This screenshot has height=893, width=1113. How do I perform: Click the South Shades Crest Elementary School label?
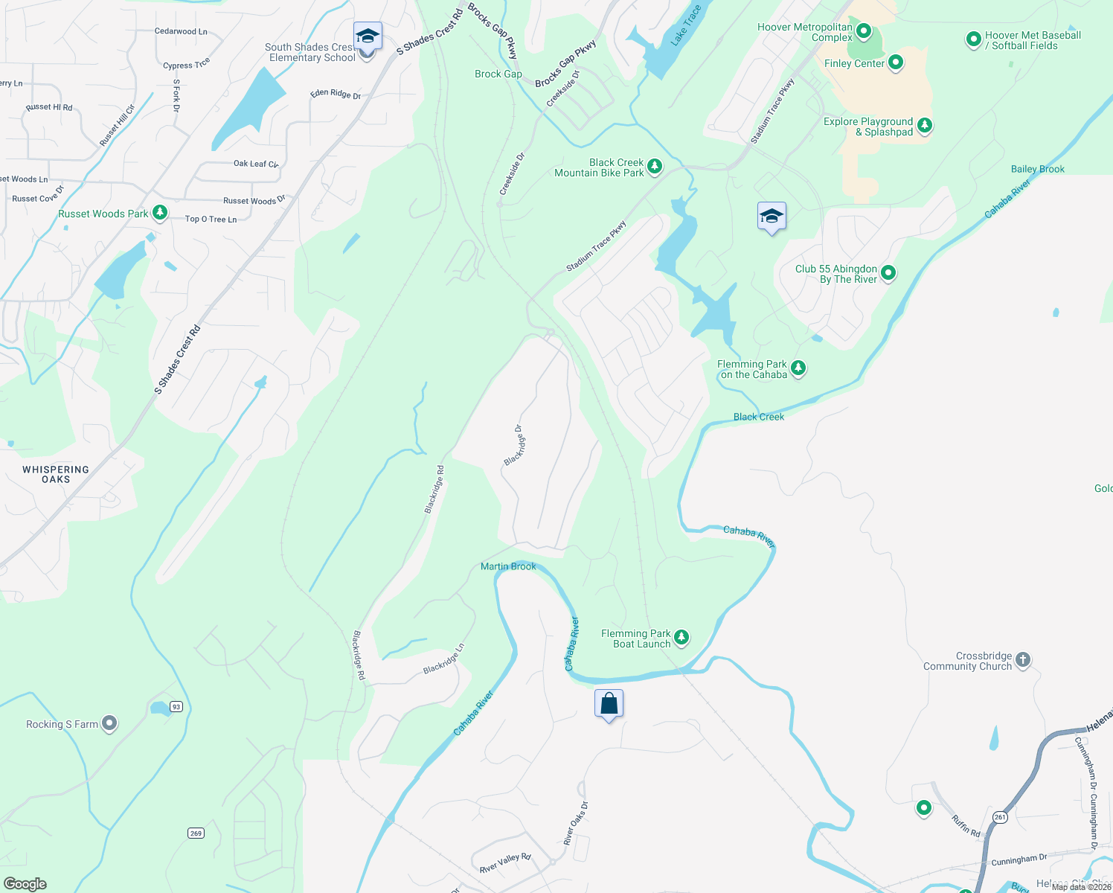(x=311, y=52)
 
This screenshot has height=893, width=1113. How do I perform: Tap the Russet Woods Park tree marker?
(x=160, y=214)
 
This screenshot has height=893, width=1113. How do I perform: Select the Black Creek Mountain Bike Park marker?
(x=655, y=167)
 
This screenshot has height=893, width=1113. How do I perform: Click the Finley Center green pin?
(x=896, y=63)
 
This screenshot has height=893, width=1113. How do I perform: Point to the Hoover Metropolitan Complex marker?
(x=864, y=31)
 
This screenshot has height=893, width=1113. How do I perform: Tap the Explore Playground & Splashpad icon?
(x=925, y=126)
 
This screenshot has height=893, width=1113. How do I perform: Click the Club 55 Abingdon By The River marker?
(x=888, y=274)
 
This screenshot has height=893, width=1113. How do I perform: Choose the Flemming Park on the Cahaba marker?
(x=798, y=368)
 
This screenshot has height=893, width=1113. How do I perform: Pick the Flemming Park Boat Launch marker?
(x=681, y=638)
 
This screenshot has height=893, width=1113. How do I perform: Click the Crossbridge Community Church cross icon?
(x=1023, y=660)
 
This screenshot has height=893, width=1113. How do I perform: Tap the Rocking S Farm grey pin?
(x=109, y=723)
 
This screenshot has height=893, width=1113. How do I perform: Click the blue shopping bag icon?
(x=609, y=703)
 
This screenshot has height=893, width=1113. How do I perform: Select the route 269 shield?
(x=196, y=833)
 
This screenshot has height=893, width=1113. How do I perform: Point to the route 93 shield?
(x=176, y=706)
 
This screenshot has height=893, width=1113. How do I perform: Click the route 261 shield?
(x=1000, y=817)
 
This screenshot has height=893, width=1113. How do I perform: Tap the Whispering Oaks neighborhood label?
(x=56, y=474)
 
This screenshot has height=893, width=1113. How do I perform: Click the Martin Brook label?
(x=508, y=566)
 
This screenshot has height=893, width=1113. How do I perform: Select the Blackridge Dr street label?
(x=514, y=445)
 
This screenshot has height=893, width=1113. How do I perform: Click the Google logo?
(x=25, y=883)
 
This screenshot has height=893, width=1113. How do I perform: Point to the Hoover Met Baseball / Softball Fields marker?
(x=973, y=39)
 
